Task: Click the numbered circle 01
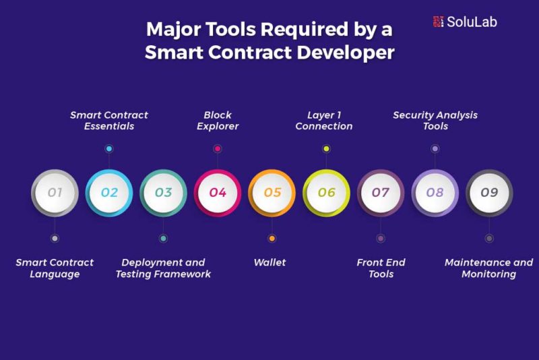tap(55, 193)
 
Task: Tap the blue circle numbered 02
tap(109, 193)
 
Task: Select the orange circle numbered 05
tap(272, 193)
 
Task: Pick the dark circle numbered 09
tap(489, 193)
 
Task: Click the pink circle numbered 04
tap(218, 193)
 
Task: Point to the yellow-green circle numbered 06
tap(326, 193)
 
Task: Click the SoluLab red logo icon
tap(439, 22)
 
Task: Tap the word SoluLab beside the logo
tap(472, 22)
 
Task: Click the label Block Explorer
tap(218, 121)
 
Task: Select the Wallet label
tap(270, 262)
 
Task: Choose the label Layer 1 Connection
tap(324, 121)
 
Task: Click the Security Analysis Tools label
tap(435, 121)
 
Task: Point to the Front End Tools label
tap(381, 268)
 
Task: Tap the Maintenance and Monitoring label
tap(489, 268)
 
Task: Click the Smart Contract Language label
tap(55, 268)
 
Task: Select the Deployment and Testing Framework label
tap(163, 268)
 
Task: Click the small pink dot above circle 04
tap(217, 148)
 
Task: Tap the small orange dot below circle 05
tap(272, 238)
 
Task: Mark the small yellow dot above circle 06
tap(326, 148)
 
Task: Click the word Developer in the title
tap(346, 53)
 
